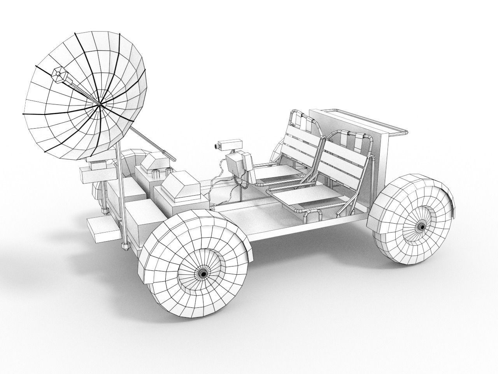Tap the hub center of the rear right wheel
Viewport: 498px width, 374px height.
point(422,226)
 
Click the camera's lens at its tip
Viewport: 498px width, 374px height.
point(215,147)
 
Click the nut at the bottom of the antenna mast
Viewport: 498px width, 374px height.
point(125,246)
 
